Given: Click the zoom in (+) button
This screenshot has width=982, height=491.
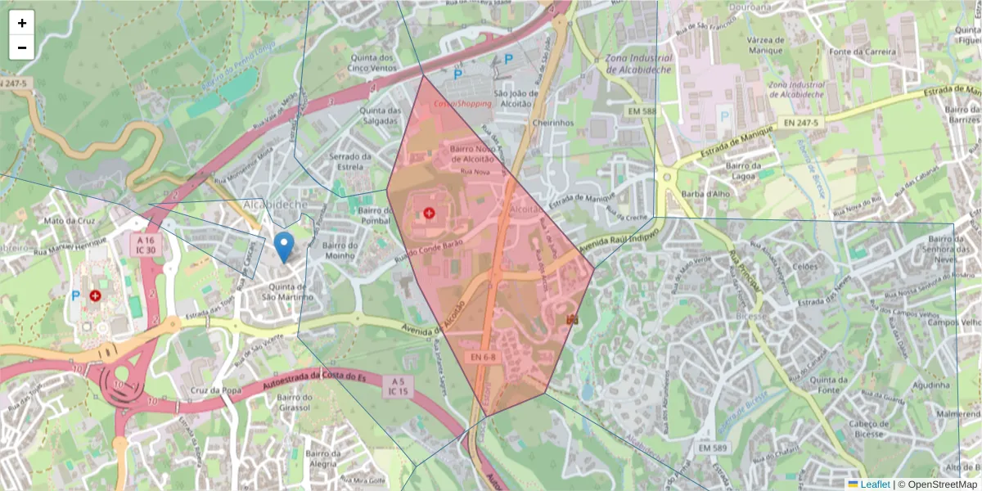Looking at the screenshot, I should (21, 23).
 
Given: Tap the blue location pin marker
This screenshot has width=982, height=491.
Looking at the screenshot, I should (284, 245).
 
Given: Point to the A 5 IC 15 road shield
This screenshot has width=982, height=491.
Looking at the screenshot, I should (398, 387).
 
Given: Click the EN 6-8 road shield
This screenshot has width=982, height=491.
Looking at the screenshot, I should (484, 358).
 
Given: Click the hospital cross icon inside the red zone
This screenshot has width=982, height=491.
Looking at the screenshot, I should (429, 213).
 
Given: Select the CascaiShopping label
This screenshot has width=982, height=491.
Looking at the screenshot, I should (463, 104).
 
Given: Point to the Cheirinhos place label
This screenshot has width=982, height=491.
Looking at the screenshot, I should (553, 124).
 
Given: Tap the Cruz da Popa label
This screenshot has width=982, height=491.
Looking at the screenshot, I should (215, 390).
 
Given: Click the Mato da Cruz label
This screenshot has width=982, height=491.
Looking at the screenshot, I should (70, 220).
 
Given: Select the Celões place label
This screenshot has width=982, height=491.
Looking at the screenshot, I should (805, 266).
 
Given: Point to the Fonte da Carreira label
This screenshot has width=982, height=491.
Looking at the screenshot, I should (858, 52).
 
